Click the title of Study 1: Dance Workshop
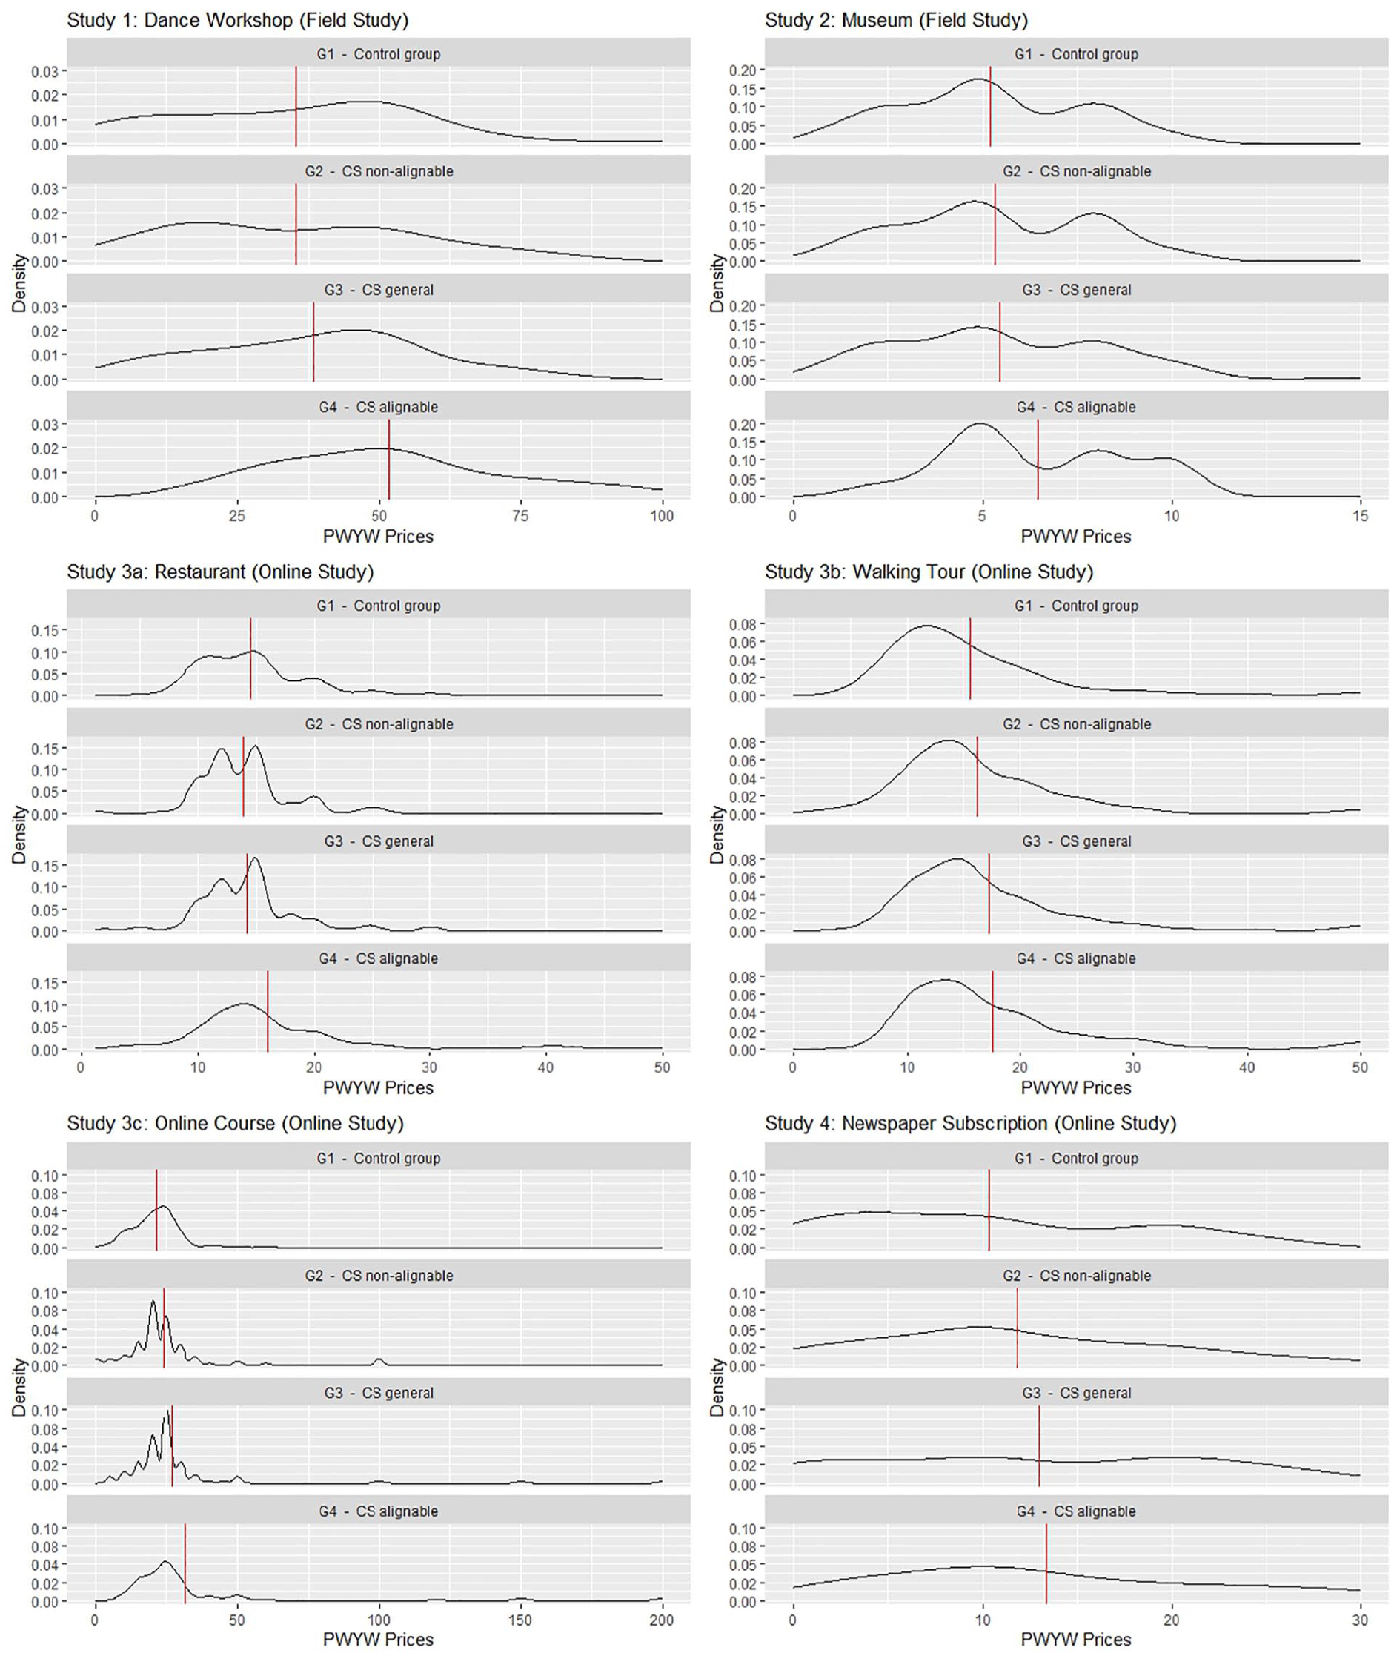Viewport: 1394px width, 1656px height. pos(238,21)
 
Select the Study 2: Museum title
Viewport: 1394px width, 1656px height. pos(896,21)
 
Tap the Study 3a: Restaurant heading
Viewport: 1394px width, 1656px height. pos(221,572)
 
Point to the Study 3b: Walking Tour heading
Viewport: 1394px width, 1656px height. pos(929,572)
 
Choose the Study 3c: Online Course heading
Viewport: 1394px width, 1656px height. pos(236,1123)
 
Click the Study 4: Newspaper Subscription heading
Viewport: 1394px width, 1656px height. pos(970,1123)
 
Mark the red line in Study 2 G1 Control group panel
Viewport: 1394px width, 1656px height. pos(990,107)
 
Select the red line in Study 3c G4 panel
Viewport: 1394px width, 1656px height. pos(185,1564)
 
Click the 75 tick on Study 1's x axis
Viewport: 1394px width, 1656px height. pos(521,516)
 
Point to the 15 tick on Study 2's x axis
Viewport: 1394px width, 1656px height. pos(1360,516)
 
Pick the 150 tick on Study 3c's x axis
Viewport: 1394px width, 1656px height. pos(521,1620)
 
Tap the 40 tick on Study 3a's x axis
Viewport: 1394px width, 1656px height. pos(545,1067)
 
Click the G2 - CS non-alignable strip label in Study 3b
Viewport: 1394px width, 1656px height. pos(1076,724)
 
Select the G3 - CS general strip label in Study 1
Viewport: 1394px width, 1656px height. pos(379,290)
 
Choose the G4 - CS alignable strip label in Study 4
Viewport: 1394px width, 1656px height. pos(1076,1511)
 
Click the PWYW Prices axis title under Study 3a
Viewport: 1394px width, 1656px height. pos(379,1088)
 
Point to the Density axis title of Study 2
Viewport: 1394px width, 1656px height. pos(717,283)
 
